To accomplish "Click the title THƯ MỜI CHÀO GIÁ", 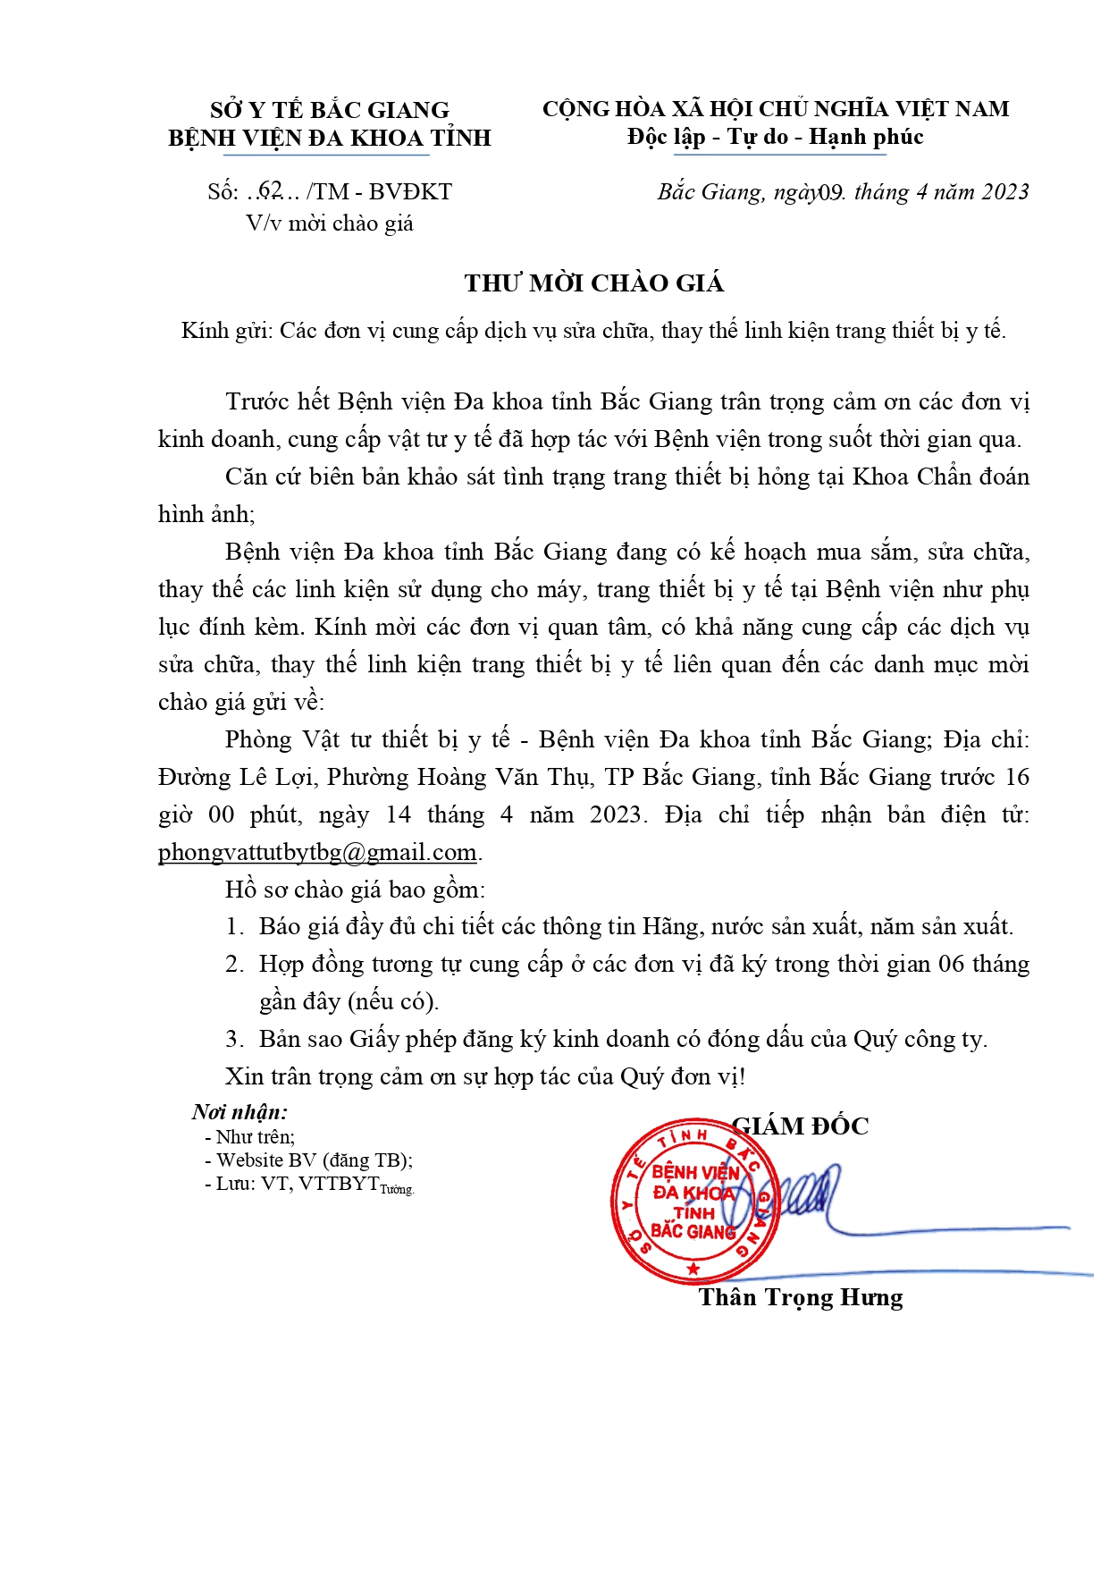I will pyautogui.click(x=593, y=283).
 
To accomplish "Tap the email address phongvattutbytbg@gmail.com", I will pyautogui.click(x=317, y=852).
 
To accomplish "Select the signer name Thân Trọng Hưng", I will pyautogui.click(x=800, y=1297).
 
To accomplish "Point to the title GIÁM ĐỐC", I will pyautogui.click(x=802, y=1126).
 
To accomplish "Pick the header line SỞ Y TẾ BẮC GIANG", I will pyautogui.click(x=330, y=110).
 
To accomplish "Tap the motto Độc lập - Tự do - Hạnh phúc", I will pyautogui.click(x=775, y=137).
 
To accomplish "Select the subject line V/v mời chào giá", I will pyautogui.click(x=330, y=224).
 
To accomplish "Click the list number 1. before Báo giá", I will pyautogui.click(x=234, y=926).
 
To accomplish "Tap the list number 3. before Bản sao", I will pyautogui.click(x=234, y=1039).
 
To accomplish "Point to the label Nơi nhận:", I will pyautogui.click(x=239, y=1112).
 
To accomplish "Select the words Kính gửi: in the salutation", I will pyautogui.click(x=226, y=331).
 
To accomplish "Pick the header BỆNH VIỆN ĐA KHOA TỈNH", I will pyautogui.click(x=330, y=139).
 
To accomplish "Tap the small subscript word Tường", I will pyautogui.click(x=398, y=1190).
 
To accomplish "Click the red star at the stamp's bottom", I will pyautogui.click(x=693, y=1269).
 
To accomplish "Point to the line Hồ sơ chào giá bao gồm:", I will pyautogui.click(x=355, y=890).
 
